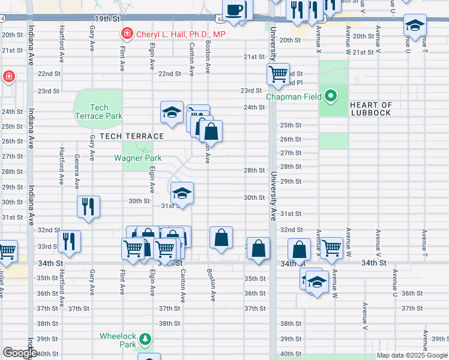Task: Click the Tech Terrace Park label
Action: coord(98,112)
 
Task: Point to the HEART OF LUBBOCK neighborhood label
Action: coord(370,109)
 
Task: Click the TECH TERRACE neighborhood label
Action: coord(123,136)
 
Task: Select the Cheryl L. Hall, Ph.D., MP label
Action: coord(181,34)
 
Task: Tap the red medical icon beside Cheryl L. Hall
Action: coord(127,34)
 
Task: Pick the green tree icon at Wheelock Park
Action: coord(145,340)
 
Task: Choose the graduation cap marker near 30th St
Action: coord(182,193)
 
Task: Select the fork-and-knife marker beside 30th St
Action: coord(88,207)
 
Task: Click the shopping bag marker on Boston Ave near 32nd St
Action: coord(221,237)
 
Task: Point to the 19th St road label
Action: coord(107,19)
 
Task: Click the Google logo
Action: coord(20,352)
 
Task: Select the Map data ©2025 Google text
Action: coord(411,355)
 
